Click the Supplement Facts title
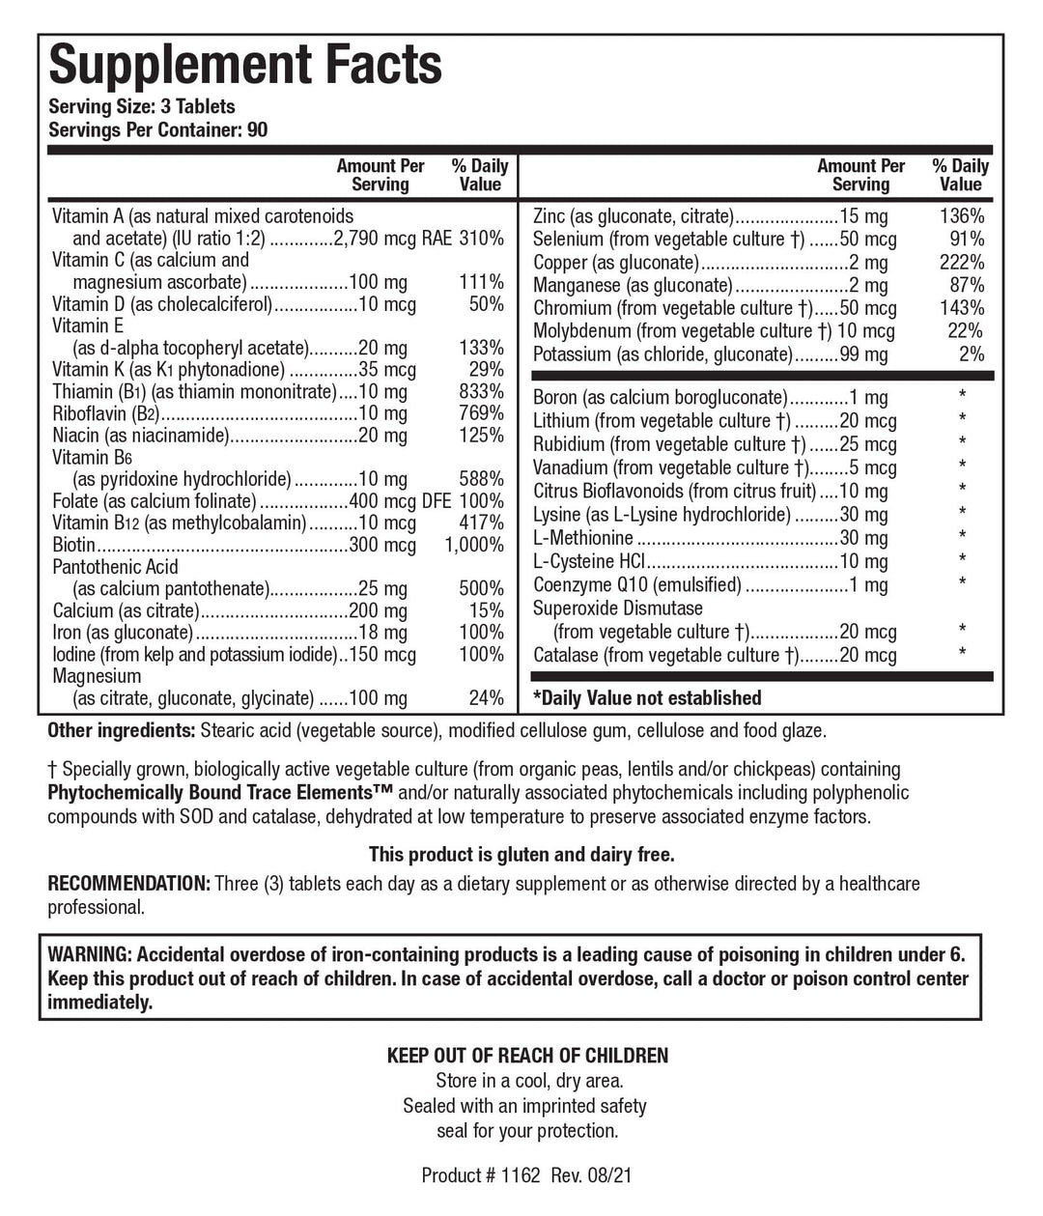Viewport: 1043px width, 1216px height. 245,66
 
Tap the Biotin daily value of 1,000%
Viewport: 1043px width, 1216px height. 473,546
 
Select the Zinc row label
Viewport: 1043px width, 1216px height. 551,216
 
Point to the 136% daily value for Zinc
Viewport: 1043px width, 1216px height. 963,216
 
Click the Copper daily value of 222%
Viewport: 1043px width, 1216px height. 963,263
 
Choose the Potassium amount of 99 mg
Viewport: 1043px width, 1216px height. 863,354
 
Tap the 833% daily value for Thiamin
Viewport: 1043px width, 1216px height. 481,391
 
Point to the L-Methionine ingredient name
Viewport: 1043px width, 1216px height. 583,538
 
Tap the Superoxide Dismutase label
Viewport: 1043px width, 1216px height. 618,608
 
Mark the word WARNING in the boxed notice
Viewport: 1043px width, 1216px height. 90,955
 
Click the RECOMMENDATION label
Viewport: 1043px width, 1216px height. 128,884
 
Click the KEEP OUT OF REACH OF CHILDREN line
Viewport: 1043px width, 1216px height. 526,1056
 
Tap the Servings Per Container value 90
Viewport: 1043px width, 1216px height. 257,130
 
